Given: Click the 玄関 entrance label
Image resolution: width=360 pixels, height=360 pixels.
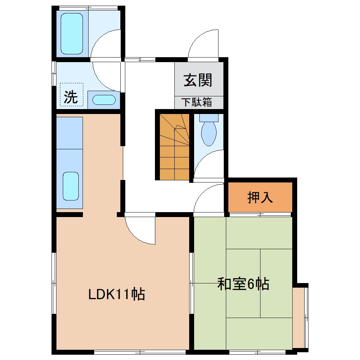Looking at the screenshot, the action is click(x=198, y=80).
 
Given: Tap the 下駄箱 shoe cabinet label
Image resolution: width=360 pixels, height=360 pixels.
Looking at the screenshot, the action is click(x=197, y=102).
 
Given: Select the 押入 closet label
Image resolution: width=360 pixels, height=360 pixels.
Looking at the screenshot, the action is click(x=260, y=197).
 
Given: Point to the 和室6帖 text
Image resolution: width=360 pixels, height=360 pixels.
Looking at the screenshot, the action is click(x=243, y=284).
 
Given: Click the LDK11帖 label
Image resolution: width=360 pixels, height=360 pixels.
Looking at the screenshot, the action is click(x=116, y=294).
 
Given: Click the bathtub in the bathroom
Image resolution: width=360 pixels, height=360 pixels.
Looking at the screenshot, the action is click(x=72, y=34).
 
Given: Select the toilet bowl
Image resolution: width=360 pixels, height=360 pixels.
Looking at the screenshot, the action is click(x=209, y=134).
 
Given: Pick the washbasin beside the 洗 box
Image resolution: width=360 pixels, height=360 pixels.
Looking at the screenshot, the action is click(x=104, y=100).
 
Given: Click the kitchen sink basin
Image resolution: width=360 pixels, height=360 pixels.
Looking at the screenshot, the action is click(x=71, y=186).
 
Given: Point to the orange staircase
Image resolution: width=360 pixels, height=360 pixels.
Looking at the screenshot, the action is click(x=174, y=147).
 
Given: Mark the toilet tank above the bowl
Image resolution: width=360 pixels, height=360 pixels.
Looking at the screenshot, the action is click(x=209, y=118).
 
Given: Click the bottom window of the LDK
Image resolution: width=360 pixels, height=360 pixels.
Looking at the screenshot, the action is click(x=140, y=352).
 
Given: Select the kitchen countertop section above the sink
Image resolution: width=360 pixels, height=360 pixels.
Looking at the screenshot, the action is click(x=70, y=133).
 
